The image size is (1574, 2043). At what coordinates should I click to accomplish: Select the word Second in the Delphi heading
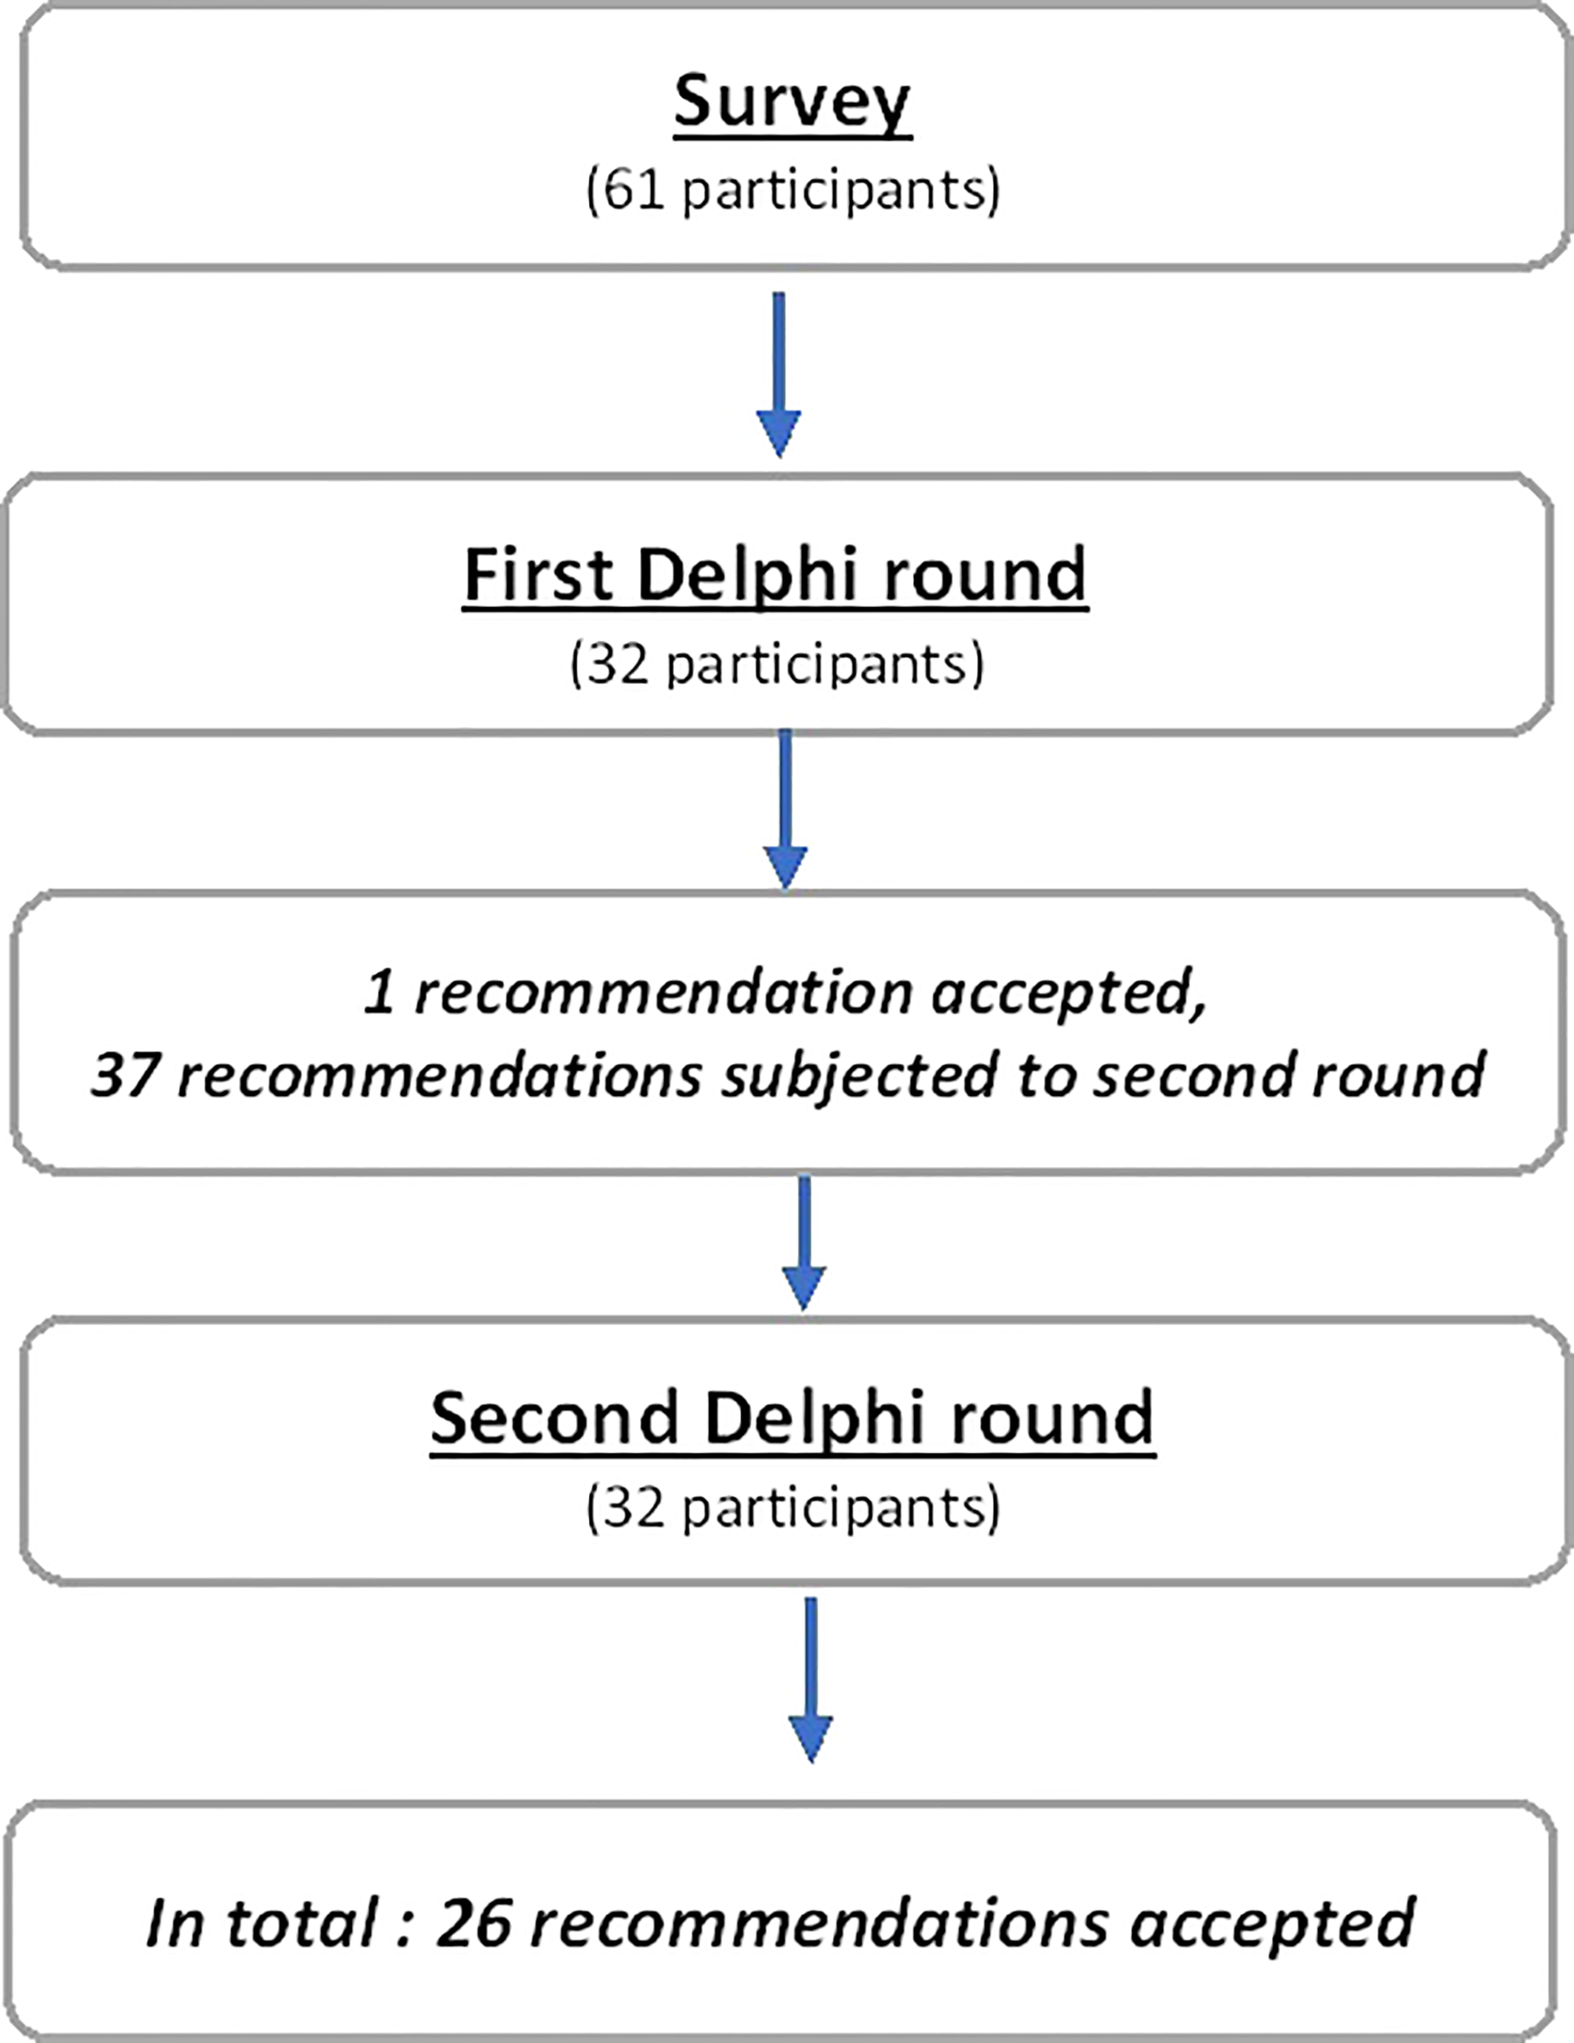(555, 1418)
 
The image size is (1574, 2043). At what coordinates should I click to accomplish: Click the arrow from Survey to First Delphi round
(778, 374)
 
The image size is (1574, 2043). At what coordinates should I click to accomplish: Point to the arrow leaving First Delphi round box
(785, 810)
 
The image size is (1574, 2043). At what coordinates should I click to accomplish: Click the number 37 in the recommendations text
(123, 1075)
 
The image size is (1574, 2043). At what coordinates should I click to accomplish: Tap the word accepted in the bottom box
(1272, 1925)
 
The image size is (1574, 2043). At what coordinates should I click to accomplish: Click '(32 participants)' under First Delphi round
(777, 665)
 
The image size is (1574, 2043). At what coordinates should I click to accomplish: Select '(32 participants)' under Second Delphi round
(793, 1509)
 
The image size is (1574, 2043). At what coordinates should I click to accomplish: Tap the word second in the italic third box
(1195, 1075)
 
